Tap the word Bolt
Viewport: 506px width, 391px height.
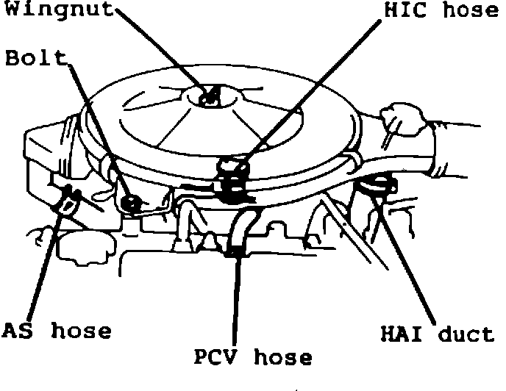click(x=36, y=58)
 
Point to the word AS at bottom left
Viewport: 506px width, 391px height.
click(x=18, y=331)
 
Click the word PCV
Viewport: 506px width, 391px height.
click(x=217, y=358)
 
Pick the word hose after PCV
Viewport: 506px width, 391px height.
click(x=282, y=358)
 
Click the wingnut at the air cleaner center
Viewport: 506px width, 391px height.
click(x=210, y=96)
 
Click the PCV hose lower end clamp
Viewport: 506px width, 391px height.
click(x=235, y=254)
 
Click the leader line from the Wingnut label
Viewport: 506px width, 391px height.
click(x=162, y=51)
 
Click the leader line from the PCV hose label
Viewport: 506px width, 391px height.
click(x=236, y=301)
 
